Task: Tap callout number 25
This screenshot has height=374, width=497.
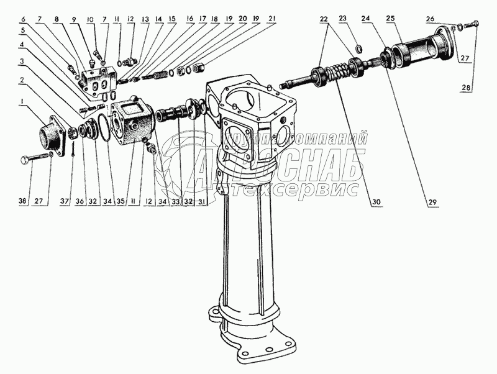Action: tap(391, 19)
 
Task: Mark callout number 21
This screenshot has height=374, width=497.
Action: tap(272, 19)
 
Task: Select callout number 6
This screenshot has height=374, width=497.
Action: tap(22, 19)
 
